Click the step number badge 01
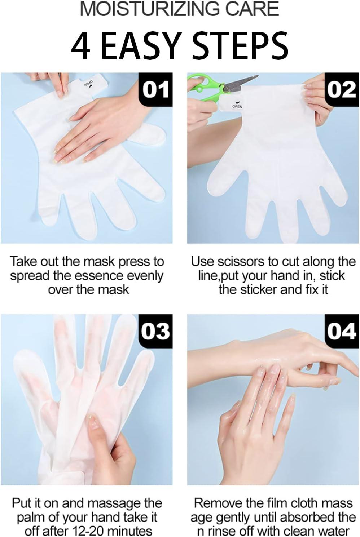[x=155, y=89]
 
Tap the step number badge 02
[x=341, y=89]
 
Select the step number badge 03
[x=155, y=331]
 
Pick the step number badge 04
[x=341, y=331]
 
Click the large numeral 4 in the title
[x=80, y=47]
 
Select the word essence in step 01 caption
[x=91, y=276]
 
